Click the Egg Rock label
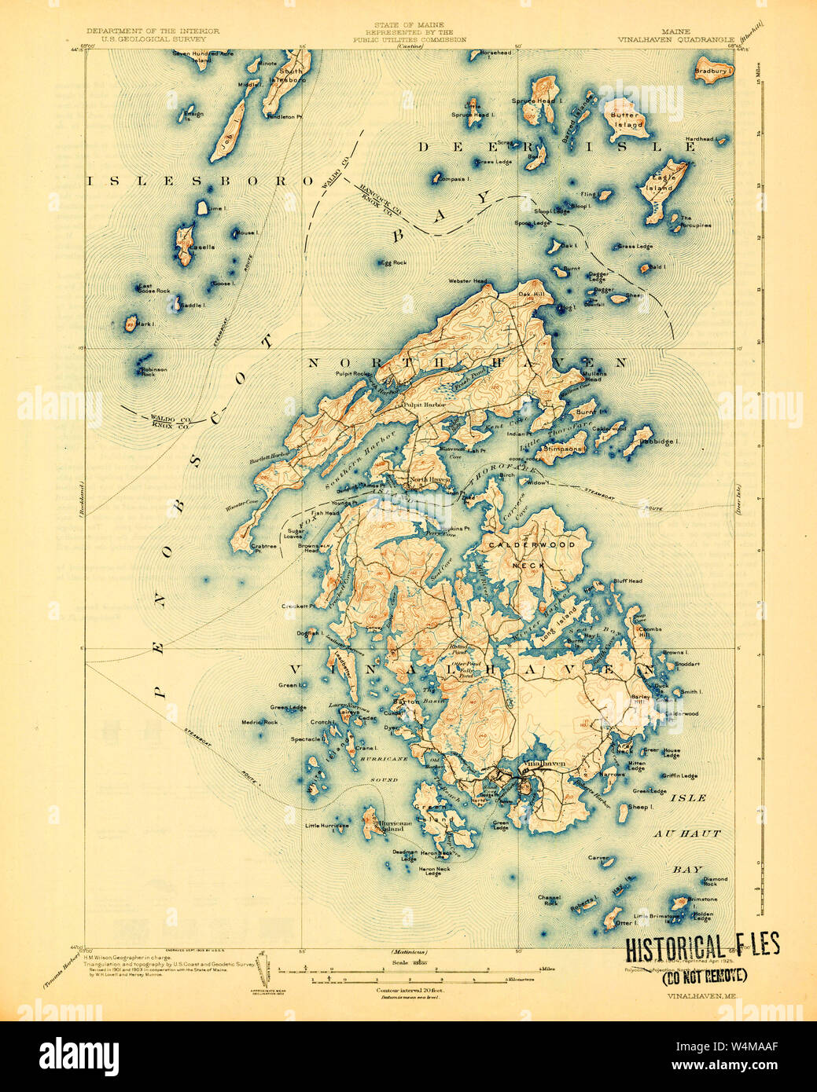(395, 262)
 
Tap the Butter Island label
(627, 119)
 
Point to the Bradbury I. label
(713, 71)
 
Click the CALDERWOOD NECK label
(532, 553)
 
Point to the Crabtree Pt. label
(263, 548)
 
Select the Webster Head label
(468, 280)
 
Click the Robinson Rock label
(153, 372)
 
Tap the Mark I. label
(145, 324)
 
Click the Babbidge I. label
(664, 442)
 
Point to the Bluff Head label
(627, 581)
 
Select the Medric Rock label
(259, 722)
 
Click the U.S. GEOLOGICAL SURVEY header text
(147, 38)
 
